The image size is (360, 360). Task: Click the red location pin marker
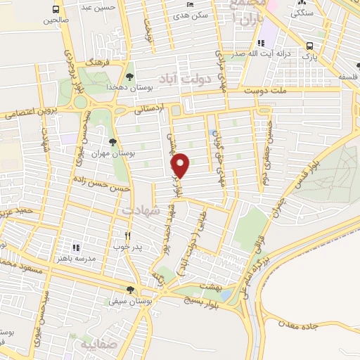(x=181, y=166)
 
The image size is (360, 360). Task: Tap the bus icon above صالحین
(x=56, y=9)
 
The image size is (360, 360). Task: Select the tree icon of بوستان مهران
(x=112, y=142)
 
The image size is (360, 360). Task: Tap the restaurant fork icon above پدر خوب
(x=127, y=236)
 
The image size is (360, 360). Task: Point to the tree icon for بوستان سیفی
(x=130, y=290)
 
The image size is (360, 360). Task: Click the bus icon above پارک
(x=309, y=46)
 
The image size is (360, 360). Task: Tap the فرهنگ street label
(x=94, y=64)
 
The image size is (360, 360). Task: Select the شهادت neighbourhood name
(x=141, y=210)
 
